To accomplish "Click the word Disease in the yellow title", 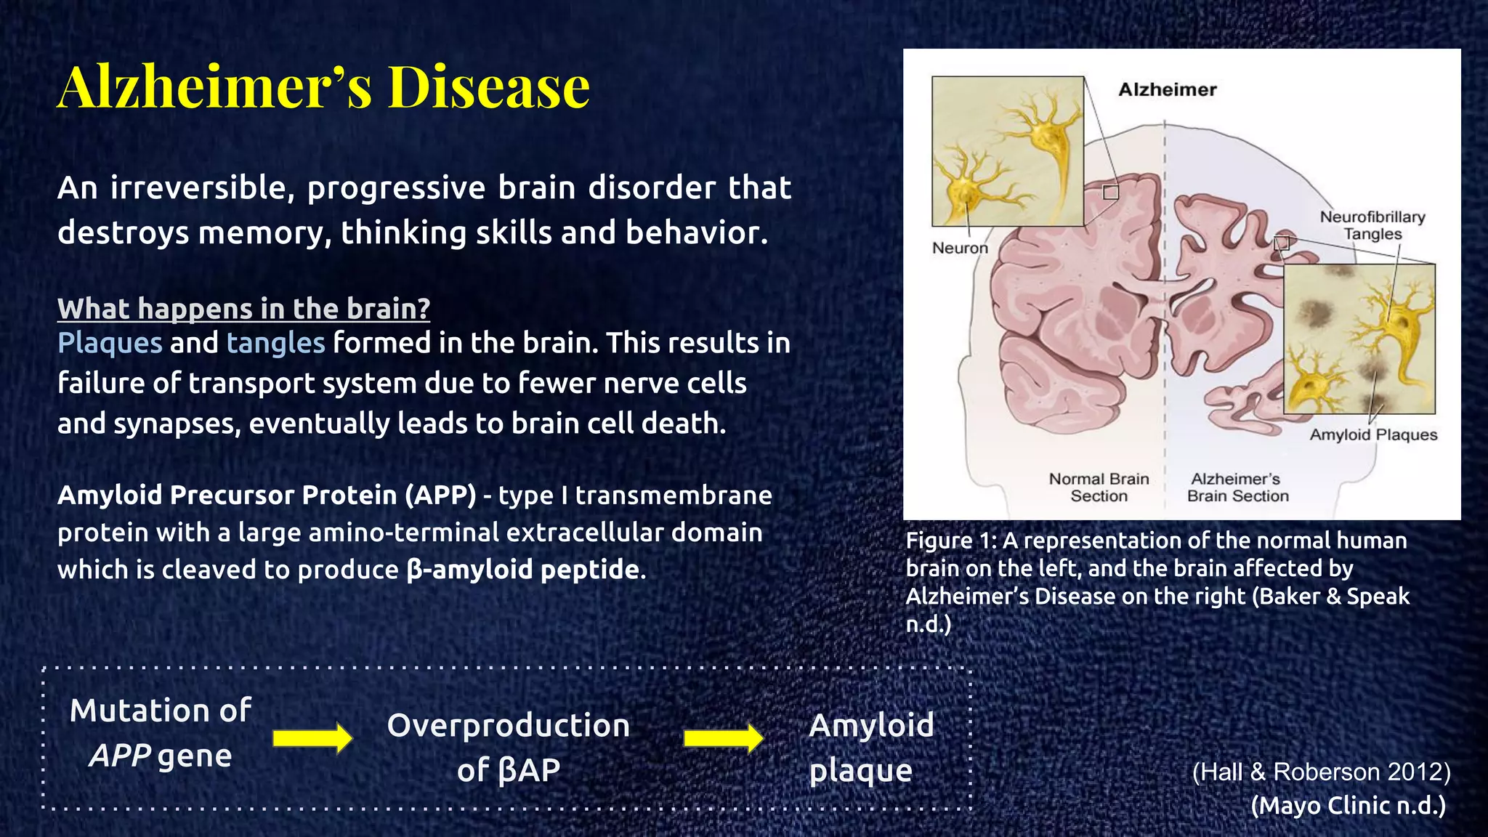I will coord(488,87).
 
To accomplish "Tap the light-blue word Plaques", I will coord(110,343).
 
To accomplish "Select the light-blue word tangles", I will coord(275,343).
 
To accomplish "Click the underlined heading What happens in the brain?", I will coord(243,309).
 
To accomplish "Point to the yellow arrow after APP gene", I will coord(312,738).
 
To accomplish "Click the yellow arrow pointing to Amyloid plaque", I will coord(723,738).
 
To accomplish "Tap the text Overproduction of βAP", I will coord(508,747).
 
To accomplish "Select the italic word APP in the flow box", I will coord(120,756).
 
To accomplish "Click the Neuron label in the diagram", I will coord(960,248).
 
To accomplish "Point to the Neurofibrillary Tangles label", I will coord(1372,225).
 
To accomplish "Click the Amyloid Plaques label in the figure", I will coord(1373,434).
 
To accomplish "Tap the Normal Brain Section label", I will coord(1099,488).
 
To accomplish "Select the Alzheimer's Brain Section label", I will coord(1237,488).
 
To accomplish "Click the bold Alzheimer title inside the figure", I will coord(1167,89).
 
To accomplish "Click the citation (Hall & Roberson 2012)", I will coord(1321,772).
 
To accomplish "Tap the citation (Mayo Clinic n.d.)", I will coord(1348,805).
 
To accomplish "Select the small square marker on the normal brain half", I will coord(1111,192).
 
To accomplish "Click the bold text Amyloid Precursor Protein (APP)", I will coord(267,495).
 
